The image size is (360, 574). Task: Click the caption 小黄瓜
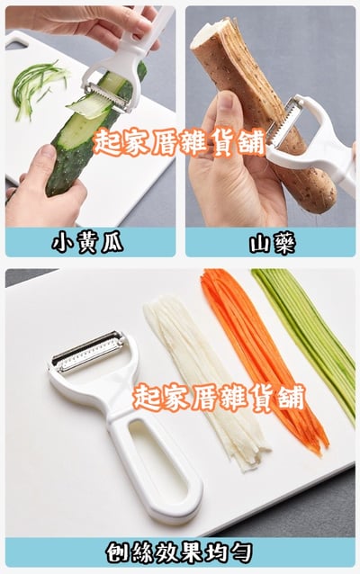coord(87,242)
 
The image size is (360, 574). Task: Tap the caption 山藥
coord(272,244)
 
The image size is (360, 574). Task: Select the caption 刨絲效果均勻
coord(179,552)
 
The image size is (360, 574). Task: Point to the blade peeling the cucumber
coord(107,97)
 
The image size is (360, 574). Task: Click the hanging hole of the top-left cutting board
coord(15,43)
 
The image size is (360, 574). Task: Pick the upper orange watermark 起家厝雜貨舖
coord(178,144)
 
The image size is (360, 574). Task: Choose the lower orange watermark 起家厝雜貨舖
coord(219,398)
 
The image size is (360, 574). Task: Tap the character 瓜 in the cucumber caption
coord(112,242)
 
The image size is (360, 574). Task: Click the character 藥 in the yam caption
coord(283,244)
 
